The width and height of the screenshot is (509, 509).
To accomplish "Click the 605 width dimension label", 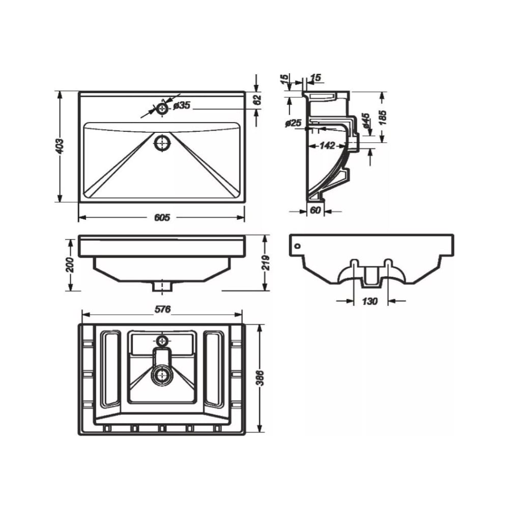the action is (162, 217).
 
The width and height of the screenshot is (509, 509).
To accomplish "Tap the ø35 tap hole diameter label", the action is (182, 105).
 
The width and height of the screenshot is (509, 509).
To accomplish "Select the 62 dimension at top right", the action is (257, 100).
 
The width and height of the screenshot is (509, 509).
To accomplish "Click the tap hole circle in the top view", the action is (162, 108).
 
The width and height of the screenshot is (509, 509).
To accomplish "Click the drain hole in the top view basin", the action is (162, 143).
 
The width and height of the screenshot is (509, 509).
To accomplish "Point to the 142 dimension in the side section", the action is (327, 146).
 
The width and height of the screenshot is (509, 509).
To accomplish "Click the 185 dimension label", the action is (383, 118).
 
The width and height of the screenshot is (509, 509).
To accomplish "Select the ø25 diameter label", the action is (293, 123).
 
